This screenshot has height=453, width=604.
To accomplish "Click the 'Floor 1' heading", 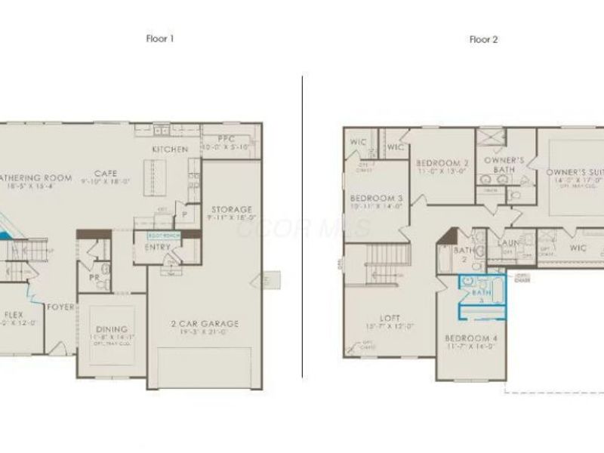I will coord(159,38).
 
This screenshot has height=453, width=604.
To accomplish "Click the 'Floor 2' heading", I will coord(483,39).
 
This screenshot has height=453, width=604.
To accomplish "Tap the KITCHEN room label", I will coord(170,149).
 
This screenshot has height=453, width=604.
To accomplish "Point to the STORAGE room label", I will coord(231,209).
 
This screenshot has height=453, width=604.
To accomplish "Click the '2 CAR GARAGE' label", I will coord(205,324).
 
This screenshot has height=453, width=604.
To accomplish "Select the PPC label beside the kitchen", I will coord(226,139).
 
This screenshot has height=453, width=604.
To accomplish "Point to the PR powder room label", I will coord(94,279).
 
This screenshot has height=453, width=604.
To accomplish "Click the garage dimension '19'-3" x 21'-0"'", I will coord(205,333).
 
